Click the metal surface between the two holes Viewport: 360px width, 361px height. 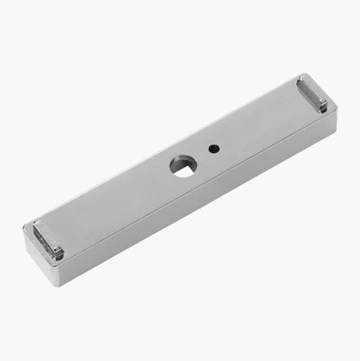click(198, 156)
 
